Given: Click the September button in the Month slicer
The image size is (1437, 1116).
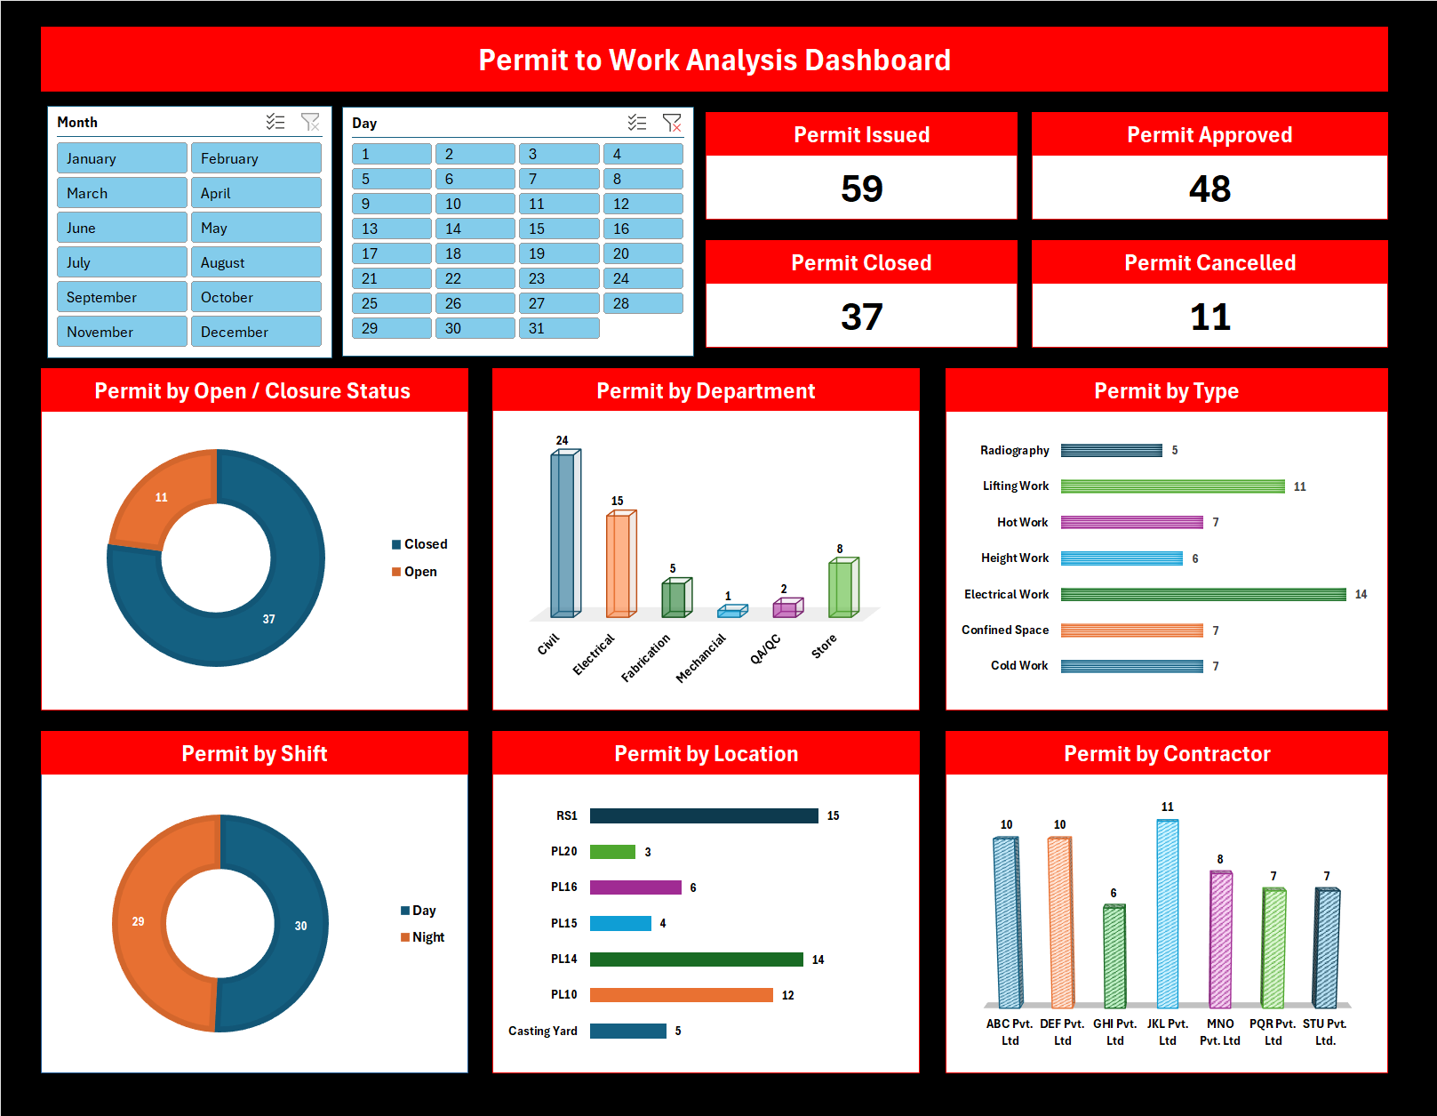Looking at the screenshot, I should tap(122, 297).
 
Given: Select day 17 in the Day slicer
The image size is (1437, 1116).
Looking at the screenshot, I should tap(391, 253).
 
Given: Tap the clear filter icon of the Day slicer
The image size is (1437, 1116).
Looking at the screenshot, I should tap(672, 123).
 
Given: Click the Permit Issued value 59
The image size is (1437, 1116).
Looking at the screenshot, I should tap(861, 189).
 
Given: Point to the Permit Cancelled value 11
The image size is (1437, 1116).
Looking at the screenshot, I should tap(1209, 317).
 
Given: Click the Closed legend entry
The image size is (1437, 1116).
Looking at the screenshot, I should tap(419, 544).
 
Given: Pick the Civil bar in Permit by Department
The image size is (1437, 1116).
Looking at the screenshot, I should tap(563, 534).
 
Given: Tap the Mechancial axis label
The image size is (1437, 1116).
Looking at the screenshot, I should tap(701, 658).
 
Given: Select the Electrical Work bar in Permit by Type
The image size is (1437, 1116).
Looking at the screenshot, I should tap(1202, 594).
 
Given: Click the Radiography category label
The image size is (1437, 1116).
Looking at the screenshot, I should tap(1014, 451).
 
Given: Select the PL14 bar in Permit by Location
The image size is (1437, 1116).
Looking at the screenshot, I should tap(696, 959).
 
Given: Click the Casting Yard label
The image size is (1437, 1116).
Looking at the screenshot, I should tap(542, 1031).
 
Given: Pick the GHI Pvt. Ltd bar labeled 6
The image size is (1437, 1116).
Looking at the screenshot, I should tap(1114, 956).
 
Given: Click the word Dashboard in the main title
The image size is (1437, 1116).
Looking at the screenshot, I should tap(877, 60).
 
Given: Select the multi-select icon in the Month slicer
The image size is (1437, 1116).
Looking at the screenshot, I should tap(275, 122).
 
